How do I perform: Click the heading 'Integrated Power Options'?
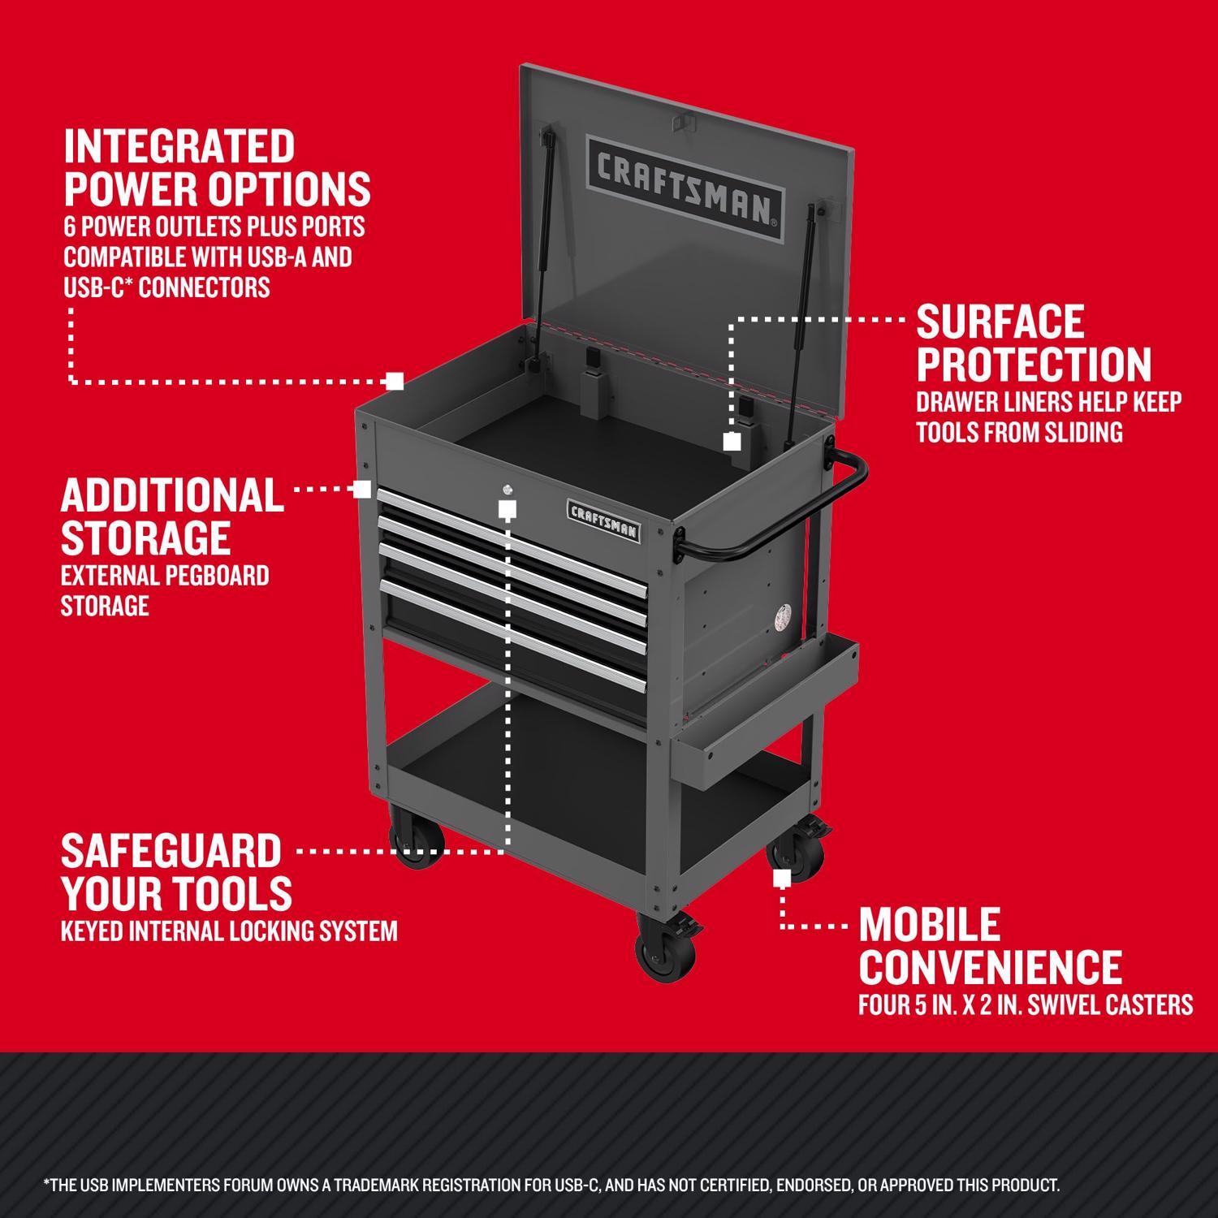217,167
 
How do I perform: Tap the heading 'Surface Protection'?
1033,343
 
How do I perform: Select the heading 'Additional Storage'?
172,516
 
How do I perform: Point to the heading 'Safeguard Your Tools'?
176,872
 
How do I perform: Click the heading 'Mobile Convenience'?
990,945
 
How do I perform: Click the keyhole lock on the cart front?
508,489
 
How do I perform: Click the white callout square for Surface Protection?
732,442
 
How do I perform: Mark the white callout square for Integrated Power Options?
395,380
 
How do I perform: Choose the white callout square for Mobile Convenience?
782,879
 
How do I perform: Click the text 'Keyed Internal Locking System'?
229,931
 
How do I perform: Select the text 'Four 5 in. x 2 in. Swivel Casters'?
1026,1005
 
